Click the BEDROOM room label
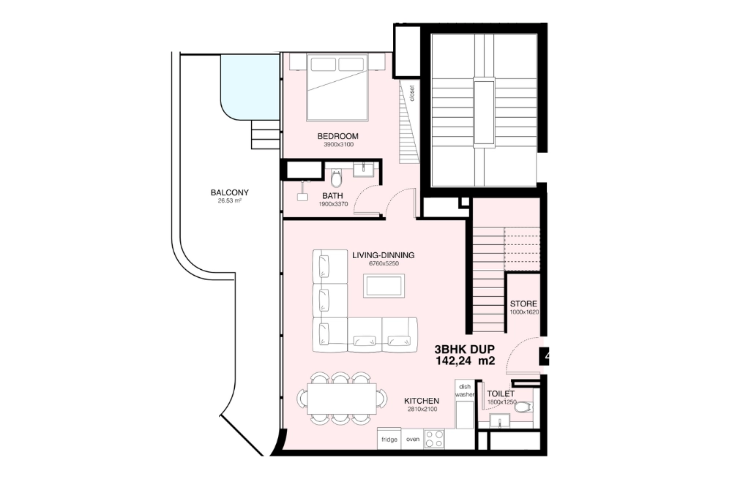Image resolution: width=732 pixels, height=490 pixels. (337, 136)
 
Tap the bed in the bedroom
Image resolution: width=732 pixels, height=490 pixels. (337, 87)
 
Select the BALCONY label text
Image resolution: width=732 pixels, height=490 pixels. (229, 193)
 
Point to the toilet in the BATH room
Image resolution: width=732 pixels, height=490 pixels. (337, 178)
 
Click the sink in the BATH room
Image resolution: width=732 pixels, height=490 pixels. (364, 171)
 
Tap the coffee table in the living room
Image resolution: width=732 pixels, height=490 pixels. (384, 285)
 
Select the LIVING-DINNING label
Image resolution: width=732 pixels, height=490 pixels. (383, 255)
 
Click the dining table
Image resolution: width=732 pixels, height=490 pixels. (340, 399)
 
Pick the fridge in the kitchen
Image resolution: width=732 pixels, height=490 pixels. (389, 440)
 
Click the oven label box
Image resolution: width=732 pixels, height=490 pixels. (412, 440)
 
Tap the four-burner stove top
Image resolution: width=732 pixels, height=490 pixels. (434, 439)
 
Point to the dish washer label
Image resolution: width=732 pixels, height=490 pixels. (465, 390)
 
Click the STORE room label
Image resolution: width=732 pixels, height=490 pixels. (523, 304)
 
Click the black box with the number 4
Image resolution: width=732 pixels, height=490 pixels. (545, 358)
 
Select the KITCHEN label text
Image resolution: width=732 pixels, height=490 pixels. (422, 402)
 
